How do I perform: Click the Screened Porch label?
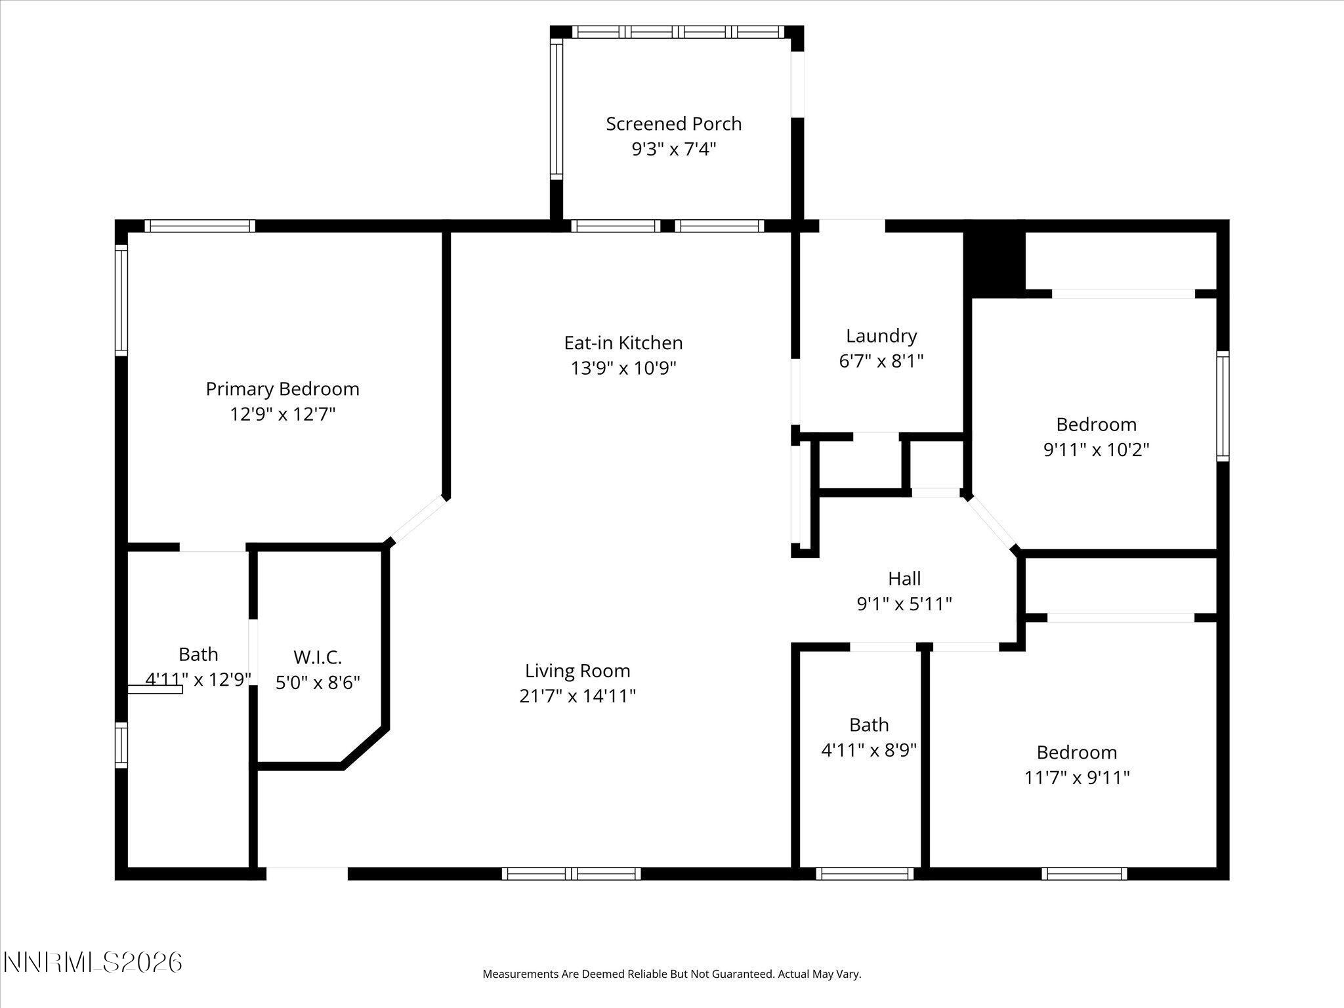(673, 124)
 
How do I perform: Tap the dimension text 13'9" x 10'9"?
(623, 368)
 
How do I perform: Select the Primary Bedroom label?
(282, 389)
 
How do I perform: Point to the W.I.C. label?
(318, 657)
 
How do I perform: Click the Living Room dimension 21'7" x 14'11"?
(577, 696)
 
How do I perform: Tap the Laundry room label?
(881, 336)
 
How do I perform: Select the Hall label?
(904, 579)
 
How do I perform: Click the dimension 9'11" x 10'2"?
(1096, 450)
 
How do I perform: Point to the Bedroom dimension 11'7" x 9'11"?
(1076, 778)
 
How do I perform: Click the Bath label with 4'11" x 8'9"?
(868, 725)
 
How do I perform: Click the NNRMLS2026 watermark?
(93, 963)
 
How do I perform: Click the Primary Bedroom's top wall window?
(199, 226)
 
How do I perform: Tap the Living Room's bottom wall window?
(571, 873)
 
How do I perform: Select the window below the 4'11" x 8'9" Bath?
(864, 873)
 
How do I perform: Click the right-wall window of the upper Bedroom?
(1222, 406)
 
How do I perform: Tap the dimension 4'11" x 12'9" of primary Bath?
(198, 680)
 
